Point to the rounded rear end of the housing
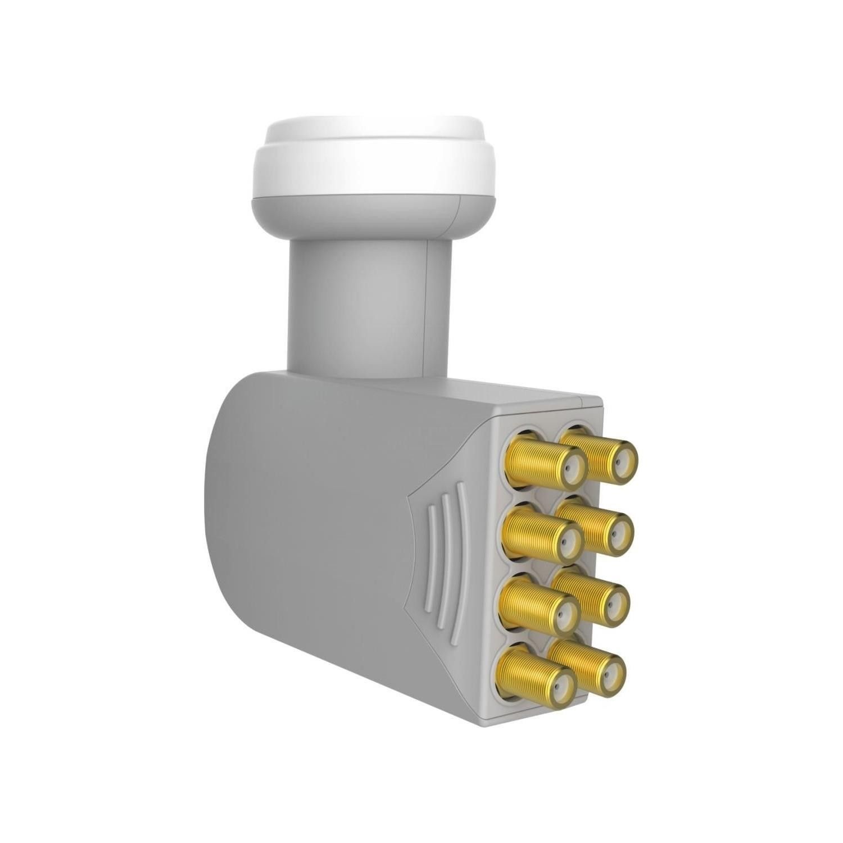pyautogui.click(x=225, y=506)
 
